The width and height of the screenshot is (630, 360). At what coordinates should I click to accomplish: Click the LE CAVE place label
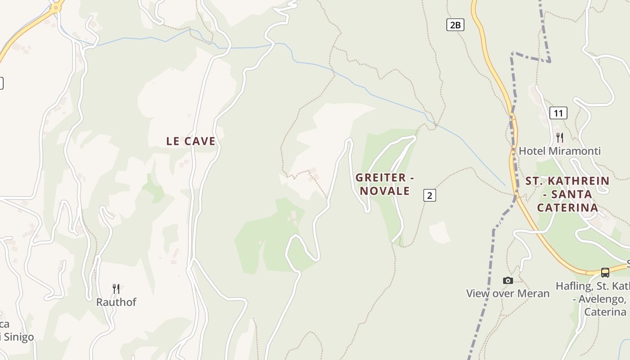click(x=191, y=141)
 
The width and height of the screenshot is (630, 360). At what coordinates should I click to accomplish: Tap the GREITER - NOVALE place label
click(x=384, y=184)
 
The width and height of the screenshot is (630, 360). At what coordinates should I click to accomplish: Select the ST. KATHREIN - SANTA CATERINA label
click(x=567, y=194)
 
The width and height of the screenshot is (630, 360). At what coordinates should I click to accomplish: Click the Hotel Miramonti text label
click(x=560, y=151)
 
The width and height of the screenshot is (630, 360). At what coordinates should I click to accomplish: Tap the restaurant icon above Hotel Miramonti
click(x=560, y=137)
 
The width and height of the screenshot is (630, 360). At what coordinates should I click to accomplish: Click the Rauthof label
click(x=116, y=302)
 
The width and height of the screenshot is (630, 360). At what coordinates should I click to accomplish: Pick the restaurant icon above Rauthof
click(x=116, y=288)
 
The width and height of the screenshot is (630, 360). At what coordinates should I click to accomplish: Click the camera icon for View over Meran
click(x=508, y=280)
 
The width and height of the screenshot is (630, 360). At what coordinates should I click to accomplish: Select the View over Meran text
click(x=508, y=293)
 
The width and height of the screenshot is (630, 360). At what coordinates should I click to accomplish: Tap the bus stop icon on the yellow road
click(x=605, y=272)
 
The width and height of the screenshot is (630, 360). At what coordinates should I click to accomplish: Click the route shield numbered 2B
click(x=455, y=25)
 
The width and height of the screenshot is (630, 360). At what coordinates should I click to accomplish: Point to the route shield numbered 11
click(x=558, y=113)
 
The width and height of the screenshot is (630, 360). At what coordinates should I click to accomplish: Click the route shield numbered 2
click(x=430, y=195)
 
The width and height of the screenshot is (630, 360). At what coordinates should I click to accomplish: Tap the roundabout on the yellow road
click(x=55, y=8)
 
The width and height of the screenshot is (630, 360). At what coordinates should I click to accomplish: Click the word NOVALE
click(x=385, y=191)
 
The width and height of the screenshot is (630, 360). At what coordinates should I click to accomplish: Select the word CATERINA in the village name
click(x=567, y=207)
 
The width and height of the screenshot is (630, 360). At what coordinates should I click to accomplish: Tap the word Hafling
click(x=573, y=286)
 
